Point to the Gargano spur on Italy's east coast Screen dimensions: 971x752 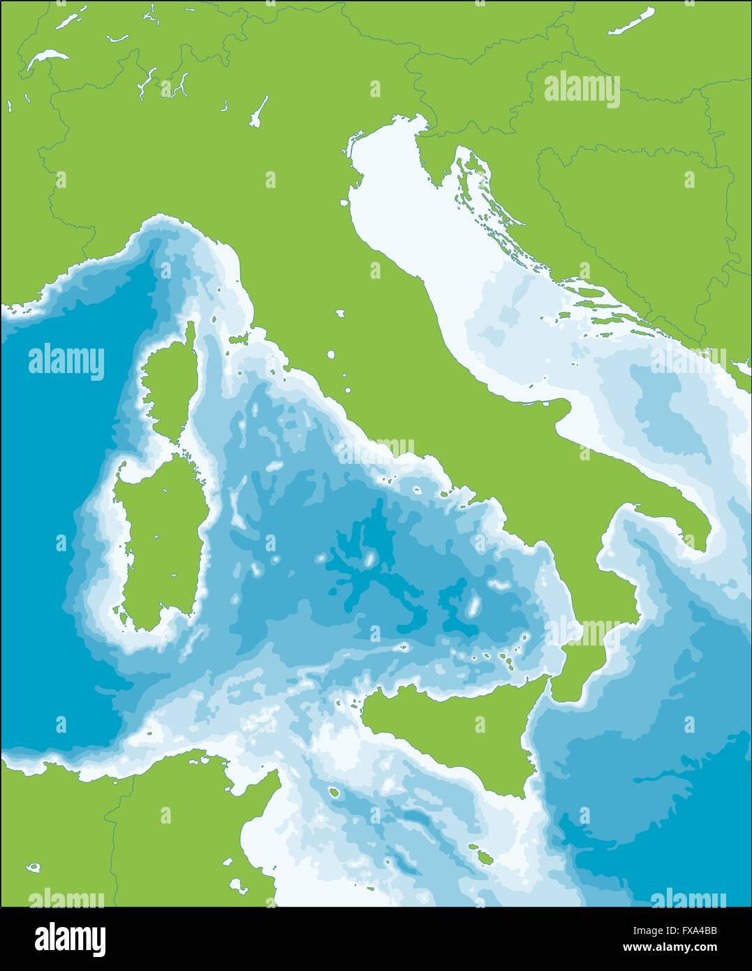tap(552, 405)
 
